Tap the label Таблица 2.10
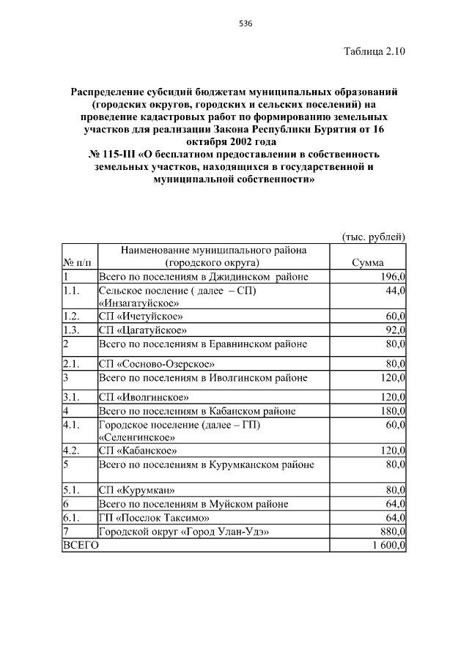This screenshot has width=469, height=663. pos(374,51)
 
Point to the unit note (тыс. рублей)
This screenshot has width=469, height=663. pos(374,236)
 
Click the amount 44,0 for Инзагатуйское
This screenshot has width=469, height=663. pos(394,291)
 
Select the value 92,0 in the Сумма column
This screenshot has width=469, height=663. pos(394,330)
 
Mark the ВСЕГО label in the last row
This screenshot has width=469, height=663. pos(81,545)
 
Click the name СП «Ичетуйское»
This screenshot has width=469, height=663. pos(141,316)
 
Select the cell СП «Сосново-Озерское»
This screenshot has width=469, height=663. pos(157,363)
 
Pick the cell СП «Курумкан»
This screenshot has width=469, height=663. pos(137,490)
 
